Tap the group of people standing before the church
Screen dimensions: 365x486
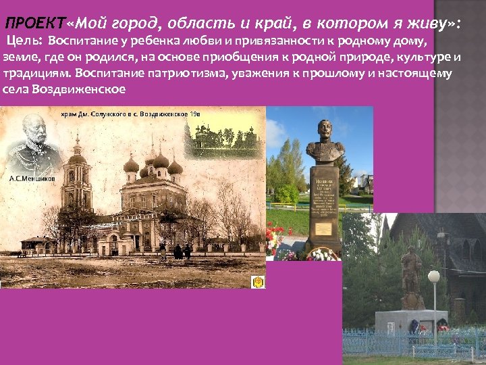[x=179, y=251]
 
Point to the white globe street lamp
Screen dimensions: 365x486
[x=434, y=276]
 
